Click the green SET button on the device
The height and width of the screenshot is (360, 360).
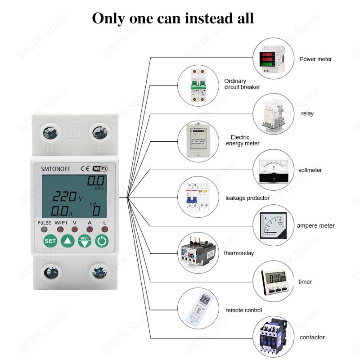(x=50, y=241)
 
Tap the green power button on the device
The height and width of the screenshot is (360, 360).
(x=102, y=241)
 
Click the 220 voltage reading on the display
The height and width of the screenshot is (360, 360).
(x=66, y=197)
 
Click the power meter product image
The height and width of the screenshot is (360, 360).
(x=270, y=58)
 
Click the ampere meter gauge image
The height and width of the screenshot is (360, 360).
(x=271, y=225)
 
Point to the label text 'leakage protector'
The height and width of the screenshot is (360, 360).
(x=247, y=198)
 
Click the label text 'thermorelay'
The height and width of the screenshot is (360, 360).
(x=238, y=253)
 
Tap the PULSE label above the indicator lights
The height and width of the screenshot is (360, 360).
(x=44, y=223)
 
